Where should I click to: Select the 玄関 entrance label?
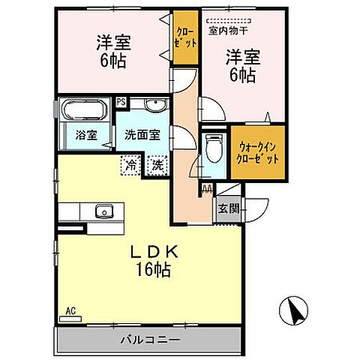(x=229, y=209)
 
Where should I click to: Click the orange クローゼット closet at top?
(x=186, y=38)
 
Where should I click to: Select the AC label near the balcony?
(x=70, y=310)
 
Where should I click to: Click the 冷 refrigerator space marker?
(x=132, y=163)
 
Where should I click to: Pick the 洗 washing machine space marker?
(x=157, y=163)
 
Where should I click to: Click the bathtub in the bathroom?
(x=84, y=112)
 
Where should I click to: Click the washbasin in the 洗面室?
(x=155, y=106)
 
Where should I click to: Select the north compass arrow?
(x=292, y=310)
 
